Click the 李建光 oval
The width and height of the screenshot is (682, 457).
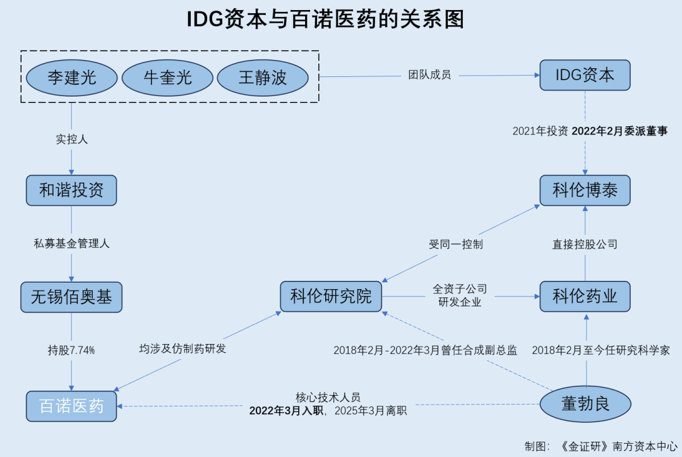point(72,77)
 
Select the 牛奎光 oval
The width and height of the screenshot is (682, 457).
point(167,77)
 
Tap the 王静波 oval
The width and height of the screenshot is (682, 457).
point(263,77)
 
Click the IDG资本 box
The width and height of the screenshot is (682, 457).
point(585,75)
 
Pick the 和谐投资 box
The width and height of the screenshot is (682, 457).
point(71,190)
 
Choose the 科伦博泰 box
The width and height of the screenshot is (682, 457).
point(585,190)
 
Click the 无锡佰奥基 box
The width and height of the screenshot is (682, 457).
point(71,297)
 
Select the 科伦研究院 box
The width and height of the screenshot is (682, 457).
point(331,296)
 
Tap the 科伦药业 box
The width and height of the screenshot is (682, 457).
point(585,296)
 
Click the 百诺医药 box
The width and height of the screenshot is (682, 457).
point(71,406)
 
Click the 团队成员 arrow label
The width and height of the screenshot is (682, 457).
point(429,76)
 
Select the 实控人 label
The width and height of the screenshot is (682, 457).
point(71,139)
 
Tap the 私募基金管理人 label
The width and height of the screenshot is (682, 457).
point(71,243)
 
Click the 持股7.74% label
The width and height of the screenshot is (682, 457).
point(71,350)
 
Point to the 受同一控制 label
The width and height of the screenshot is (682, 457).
point(456,244)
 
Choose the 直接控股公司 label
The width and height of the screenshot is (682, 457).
point(585,244)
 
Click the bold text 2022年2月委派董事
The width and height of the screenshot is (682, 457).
point(619,131)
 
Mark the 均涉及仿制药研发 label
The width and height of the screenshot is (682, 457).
point(182,348)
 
